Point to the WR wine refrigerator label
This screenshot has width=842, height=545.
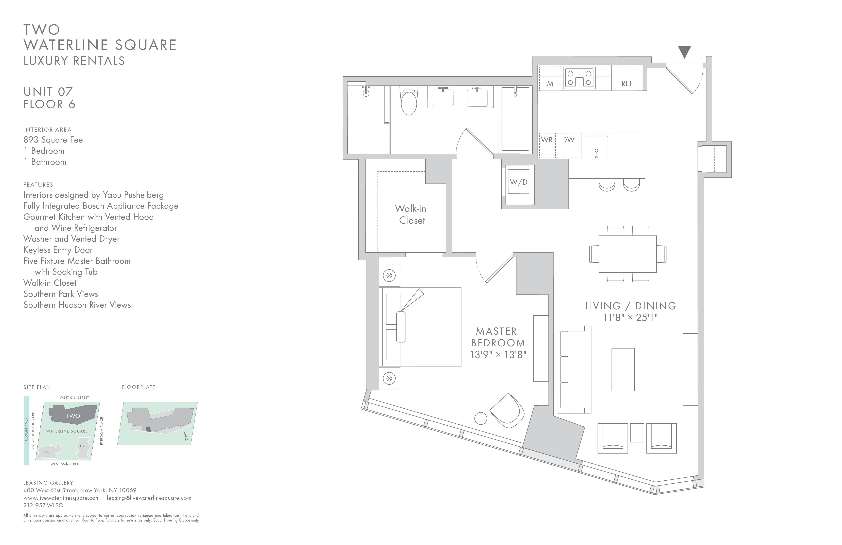click(547, 140)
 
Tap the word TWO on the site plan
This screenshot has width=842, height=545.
click(73, 416)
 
